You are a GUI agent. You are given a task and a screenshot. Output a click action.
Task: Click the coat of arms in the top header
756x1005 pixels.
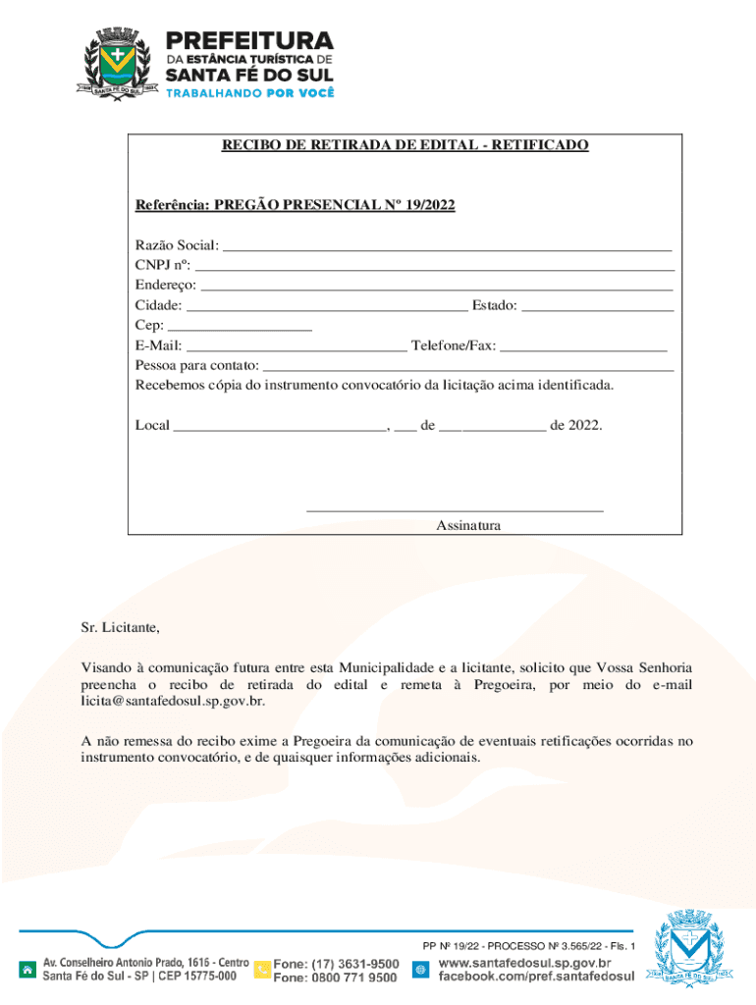(x=118, y=61)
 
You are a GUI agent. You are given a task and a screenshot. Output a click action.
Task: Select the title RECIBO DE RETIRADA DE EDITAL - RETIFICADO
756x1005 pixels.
(x=405, y=145)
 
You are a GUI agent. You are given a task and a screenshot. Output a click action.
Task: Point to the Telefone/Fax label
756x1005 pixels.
(x=454, y=345)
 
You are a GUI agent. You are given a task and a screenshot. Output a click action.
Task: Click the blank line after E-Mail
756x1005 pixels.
(x=297, y=346)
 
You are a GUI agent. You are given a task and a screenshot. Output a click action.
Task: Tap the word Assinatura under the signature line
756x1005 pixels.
(x=468, y=526)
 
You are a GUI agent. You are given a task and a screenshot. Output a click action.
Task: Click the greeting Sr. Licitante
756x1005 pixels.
(x=119, y=627)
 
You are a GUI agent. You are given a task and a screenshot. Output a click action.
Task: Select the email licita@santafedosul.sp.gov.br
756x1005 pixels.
(x=173, y=702)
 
